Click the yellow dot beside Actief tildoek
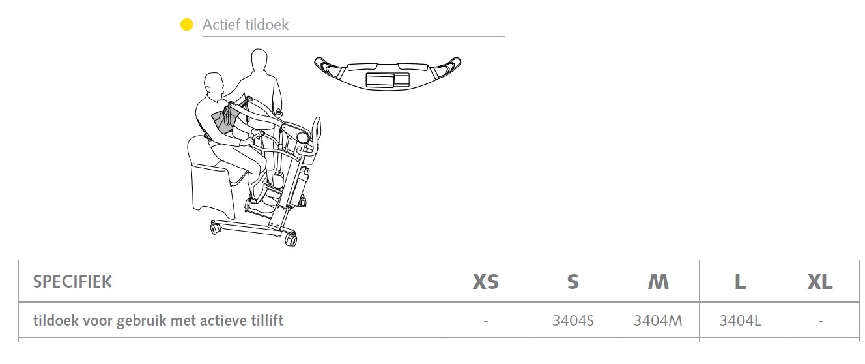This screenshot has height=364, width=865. [x=186, y=25]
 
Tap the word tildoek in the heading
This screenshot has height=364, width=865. [x=267, y=25]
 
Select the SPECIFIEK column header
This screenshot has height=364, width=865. [x=72, y=282]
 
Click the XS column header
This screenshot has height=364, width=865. [x=486, y=282]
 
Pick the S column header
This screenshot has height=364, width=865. [x=573, y=282]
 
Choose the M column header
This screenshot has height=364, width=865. [x=658, y=282]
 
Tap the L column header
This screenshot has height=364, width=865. [x=741, y=282]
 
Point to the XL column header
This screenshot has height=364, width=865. [x=820, y=282]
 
